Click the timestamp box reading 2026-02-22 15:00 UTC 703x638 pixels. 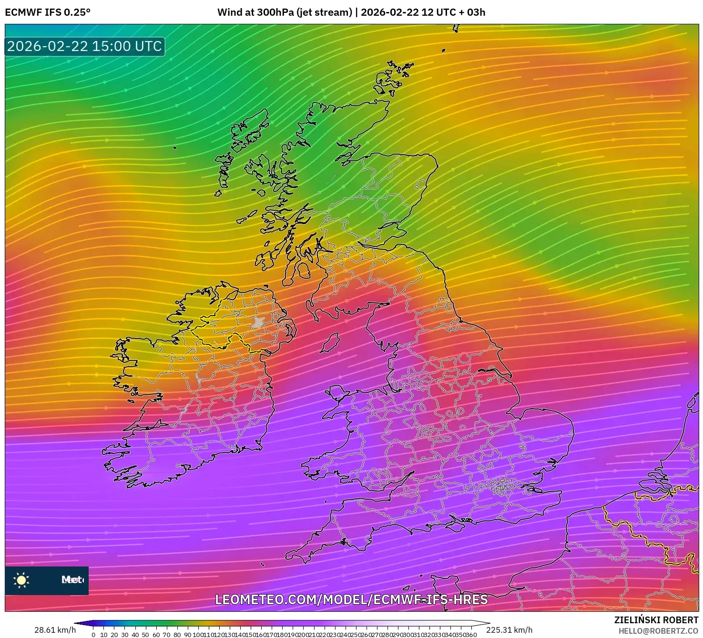point(85,46)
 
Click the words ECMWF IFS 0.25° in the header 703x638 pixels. point(48,12)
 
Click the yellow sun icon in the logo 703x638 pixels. point(21,580)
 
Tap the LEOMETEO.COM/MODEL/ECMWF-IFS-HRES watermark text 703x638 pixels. point(351,599)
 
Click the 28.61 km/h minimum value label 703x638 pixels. point(55,630)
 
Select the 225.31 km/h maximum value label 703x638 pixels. point(509,630)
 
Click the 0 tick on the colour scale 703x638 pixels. point(93,635)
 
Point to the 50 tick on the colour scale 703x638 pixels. point(145,635)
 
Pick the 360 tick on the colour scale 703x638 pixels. point(471,635)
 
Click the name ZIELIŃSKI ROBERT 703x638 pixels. point(656,620)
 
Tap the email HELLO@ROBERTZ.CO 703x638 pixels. point(658,631)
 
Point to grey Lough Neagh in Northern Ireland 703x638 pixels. point(259,321)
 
